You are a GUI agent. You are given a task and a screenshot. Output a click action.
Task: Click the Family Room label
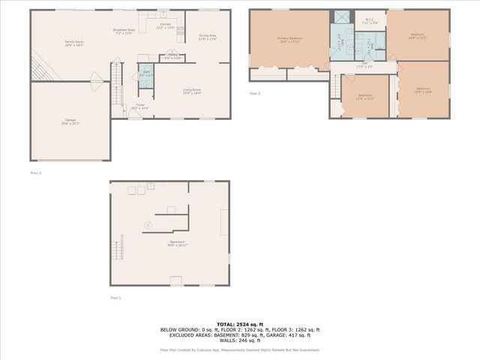tap(73, 43)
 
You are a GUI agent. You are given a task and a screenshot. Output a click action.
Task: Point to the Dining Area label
tap(207, 37)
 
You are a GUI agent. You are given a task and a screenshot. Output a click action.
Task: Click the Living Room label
tap(192, 91)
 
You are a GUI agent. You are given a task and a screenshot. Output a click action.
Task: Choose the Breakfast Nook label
tap(124, 31)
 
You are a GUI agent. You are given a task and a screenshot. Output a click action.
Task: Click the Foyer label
tap(140, 106)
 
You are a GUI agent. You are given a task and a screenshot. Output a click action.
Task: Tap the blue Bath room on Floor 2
tap(145, 76)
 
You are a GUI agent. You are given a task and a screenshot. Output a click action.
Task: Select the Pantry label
tap(172, 56)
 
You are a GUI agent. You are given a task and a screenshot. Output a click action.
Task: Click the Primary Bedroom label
tap(289, 39)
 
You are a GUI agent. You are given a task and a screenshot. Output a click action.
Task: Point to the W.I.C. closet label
tap(369, 21)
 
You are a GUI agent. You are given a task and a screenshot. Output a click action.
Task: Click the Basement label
tap(178, 244)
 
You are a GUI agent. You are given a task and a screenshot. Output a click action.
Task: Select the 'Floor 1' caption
tap(115, 298)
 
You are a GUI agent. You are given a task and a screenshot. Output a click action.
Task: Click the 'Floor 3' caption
tap(255, 93)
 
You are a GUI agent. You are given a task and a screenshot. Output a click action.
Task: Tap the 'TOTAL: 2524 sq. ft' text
tap(240, 322)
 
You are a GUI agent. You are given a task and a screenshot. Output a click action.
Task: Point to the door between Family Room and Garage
tap(95, 78)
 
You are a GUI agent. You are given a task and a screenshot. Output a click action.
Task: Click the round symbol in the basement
tap(148, 225)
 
